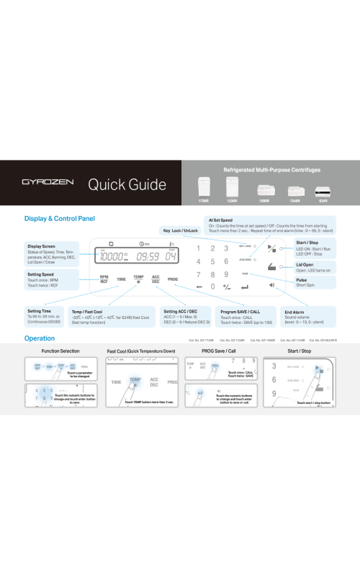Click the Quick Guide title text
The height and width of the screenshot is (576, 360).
coord(127,184)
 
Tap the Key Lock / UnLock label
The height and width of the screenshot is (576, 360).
coord(180,230)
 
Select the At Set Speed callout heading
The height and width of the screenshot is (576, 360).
coord(220,220)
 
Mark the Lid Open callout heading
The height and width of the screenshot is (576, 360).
coord(305,264)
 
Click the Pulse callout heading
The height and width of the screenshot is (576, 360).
coord(301,279)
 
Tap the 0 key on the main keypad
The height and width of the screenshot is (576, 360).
coord(212,286)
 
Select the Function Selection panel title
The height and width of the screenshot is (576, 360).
coord(60,351)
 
